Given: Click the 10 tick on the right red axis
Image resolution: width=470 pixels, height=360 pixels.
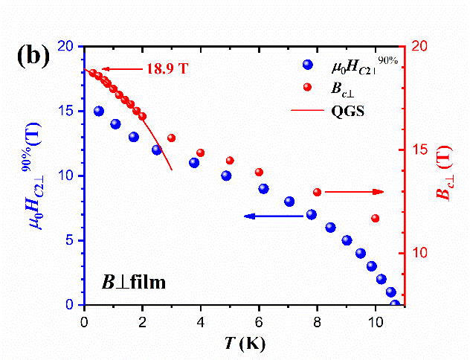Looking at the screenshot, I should [418, 253].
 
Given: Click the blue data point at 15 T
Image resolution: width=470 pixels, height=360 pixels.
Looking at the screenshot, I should [99, 111].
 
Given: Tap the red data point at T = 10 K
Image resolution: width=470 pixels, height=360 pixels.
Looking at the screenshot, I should [375, 218].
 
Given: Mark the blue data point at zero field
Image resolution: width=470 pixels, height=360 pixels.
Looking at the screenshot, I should [394, 304].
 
